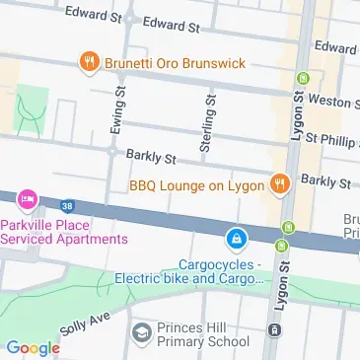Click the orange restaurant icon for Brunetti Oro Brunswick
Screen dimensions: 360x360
click(x=88, y=61)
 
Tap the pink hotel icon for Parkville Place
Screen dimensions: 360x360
click(x=26, y=201)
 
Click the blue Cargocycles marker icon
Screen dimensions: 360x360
click(x=237, y=239)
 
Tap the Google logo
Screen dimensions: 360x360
click(x=33, y=347)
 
